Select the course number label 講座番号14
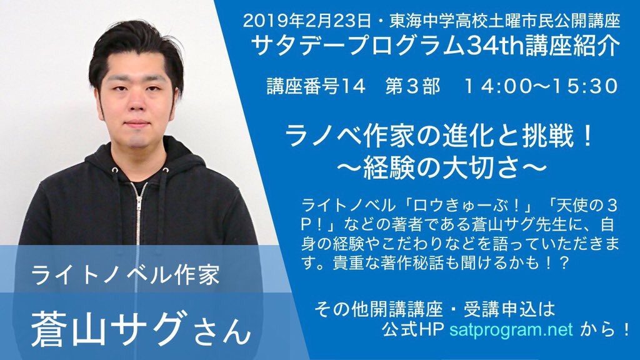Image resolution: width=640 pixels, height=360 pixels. pos(316,86)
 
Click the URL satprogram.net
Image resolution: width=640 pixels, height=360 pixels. pos(511,329)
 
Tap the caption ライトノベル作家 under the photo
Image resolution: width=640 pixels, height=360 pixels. pos(125,274)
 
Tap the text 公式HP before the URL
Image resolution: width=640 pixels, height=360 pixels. pos(412,329)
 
